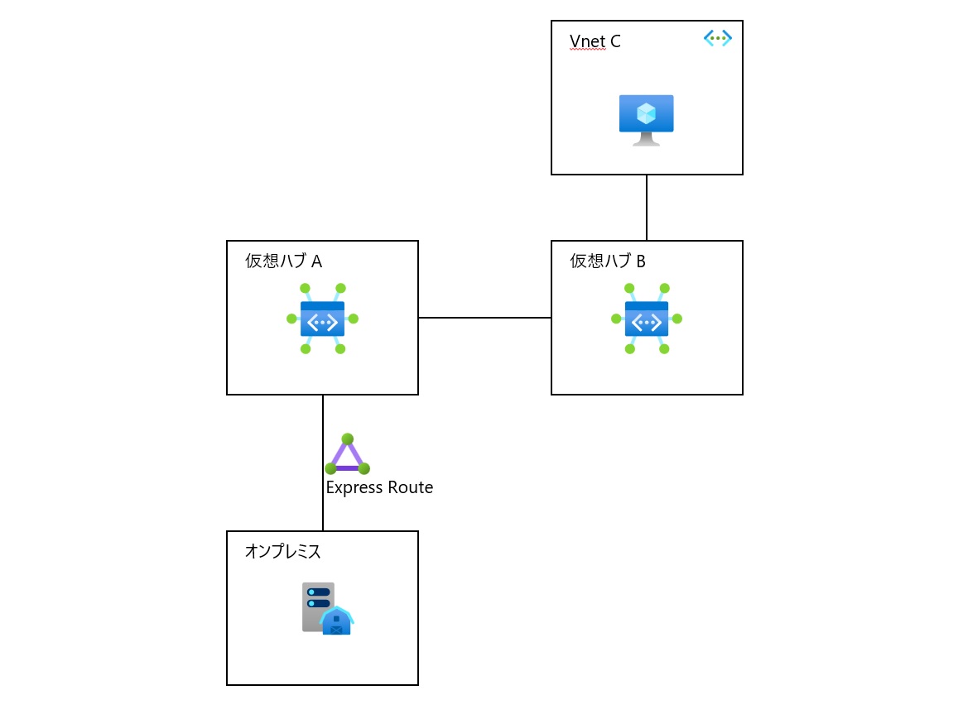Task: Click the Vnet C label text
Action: tap(595, 42)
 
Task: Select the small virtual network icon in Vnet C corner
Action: tap(717, 38)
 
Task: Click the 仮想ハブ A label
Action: tap(283, 261)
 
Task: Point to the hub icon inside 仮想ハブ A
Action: tap(322, 319)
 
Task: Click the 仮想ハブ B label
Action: tap(608, 261)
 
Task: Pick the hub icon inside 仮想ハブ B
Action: tap(647, 319)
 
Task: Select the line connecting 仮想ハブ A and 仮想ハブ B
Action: tap(484, 317)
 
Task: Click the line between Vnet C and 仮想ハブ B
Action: tap(647, 207)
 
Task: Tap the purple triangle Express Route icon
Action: tap(347, 455)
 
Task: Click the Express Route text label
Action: tap(379, 487)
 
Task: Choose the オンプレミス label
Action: tap(282, 551)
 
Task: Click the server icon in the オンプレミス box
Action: tap(326, 608)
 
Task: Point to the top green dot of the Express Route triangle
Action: tap(347, 439)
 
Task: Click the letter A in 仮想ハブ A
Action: tap(316, 261)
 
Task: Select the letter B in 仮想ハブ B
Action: tap(640, 261)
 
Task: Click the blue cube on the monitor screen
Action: tap(646, 113)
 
